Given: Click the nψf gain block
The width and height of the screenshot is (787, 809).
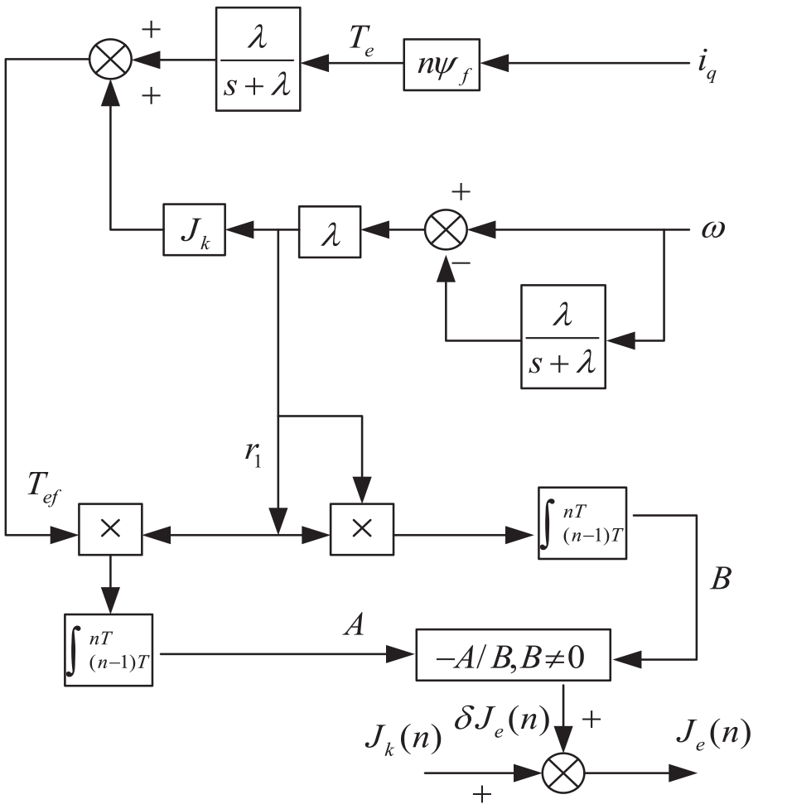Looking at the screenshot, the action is pyautogui.click(x=442, y=65).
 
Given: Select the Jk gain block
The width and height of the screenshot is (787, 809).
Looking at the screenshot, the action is pyautogui.click(x=194, y=229).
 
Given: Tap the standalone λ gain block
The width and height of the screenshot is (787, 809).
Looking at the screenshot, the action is pyautogui.click(x=330, y=232).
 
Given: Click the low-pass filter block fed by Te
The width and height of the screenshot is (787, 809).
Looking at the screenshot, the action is pyautogui.click(x=258, y=59).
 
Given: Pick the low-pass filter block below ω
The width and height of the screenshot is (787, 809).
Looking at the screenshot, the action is pyautogui.click(x=563, y=336).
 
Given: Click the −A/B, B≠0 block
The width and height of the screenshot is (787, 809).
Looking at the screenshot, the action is pyautogui.click(x=514, y=655).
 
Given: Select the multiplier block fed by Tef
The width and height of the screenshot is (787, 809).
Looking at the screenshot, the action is pyautogui.click(x=110, y=529).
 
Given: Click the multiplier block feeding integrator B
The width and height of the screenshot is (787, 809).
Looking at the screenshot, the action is pyautogui.click(x=362, y=529).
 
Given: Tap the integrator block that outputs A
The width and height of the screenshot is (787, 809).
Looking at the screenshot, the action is pyautogui.click(x=109, y=650).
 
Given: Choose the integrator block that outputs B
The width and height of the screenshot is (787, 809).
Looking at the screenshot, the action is pyautogui.click(x=582, y=523).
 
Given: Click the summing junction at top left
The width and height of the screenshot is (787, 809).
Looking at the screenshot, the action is pyautogui.click(x=110, y=60).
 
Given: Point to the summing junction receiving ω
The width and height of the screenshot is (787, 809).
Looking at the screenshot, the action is pyautogui.click(x=446, y=230).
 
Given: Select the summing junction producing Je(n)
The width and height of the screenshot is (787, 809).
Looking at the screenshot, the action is pyautogui.click(x=563, y=773).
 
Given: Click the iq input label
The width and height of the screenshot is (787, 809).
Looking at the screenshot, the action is pyautogui.click(x=707, y=65).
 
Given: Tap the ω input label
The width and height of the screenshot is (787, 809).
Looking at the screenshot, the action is pyautogui.click(x=713, y=229).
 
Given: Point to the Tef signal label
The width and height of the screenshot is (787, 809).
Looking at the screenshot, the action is pyautogui.click(x=44, y=489).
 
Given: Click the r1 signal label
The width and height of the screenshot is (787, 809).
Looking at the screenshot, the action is pyautogui.click(x=253, y=454).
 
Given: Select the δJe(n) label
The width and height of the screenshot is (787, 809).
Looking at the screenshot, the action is pyautogui.click(x=502, y=720).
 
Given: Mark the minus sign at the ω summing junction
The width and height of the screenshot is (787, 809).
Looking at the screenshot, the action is pyautogui.click(x=461, y=263).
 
